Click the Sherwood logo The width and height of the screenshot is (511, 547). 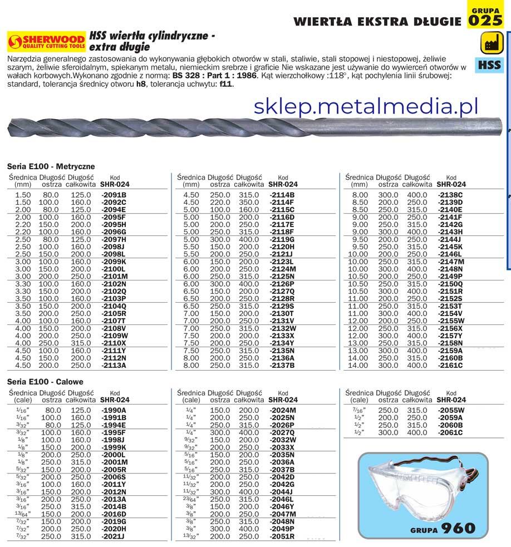(46, 42)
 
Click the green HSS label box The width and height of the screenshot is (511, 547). (489, 65)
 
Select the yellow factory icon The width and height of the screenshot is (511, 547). (489, 43)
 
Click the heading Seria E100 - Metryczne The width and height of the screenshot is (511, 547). (51, 166)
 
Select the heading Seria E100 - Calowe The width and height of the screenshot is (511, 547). (45, 382)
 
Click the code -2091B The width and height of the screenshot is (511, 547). (114, 195)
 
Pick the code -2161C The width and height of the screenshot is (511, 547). (450, 366)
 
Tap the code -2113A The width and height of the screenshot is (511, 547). (114, 366)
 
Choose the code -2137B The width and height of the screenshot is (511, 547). (282, 366)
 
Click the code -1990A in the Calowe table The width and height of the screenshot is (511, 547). (114, 410)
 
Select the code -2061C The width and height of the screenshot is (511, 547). (450, 432)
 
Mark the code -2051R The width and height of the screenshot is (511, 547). (282, 537)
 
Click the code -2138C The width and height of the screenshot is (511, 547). (450, 195)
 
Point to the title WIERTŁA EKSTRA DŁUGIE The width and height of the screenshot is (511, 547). (377, 22)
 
